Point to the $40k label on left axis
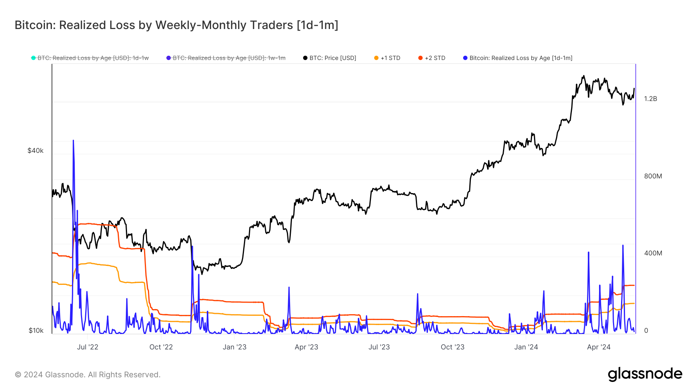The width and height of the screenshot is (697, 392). coord(35,151)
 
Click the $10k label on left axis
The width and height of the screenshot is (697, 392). coord(36,330)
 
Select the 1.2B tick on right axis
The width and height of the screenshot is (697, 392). coord(651,99)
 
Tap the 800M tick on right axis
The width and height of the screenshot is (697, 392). coord(653,176)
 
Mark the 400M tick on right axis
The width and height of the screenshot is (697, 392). coord(653,253)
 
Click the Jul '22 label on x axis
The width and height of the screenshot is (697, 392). coord(88,347)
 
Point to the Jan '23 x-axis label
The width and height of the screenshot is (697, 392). coord(234,347)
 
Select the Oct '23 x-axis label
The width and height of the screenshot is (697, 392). coord(452,347)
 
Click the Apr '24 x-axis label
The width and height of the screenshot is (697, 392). coord(598,347)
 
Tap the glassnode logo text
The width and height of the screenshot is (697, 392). coord(645,374)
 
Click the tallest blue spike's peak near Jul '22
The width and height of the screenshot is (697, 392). coord(73,140)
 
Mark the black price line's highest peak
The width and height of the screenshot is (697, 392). coord(584,76)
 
